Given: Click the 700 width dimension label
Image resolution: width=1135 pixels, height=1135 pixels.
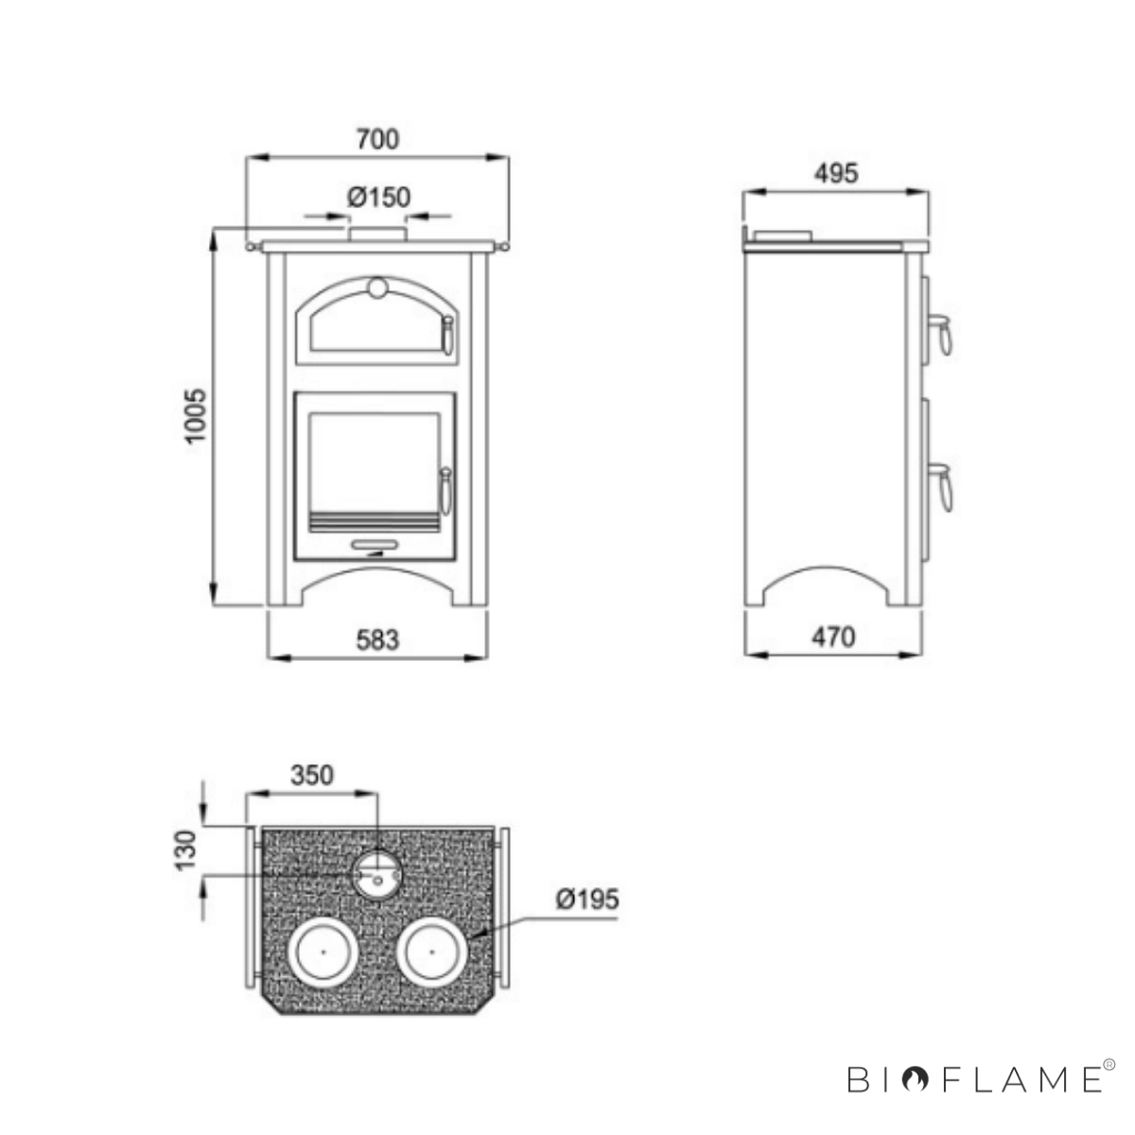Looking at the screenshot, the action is coord(377,139).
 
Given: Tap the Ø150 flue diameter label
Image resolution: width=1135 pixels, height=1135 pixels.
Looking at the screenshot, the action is coord(378,198).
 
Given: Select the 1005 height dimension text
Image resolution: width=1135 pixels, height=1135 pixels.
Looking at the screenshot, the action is coord(196,415).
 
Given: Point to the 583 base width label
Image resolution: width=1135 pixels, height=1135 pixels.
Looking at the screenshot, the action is coord(377,639).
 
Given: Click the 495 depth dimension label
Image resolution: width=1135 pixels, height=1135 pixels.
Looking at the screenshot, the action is coord(836,173).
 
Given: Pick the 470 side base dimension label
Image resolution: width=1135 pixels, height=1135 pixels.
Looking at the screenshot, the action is coord(833,637).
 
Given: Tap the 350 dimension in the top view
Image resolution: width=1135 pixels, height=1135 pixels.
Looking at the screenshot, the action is coord(312,776).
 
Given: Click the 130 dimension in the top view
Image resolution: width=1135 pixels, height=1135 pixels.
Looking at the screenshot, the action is coord(186,850).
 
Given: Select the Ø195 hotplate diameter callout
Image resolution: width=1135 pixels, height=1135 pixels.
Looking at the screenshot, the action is coord(587,899).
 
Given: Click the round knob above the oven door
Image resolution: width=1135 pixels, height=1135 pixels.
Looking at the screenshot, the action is coord(377,288).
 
